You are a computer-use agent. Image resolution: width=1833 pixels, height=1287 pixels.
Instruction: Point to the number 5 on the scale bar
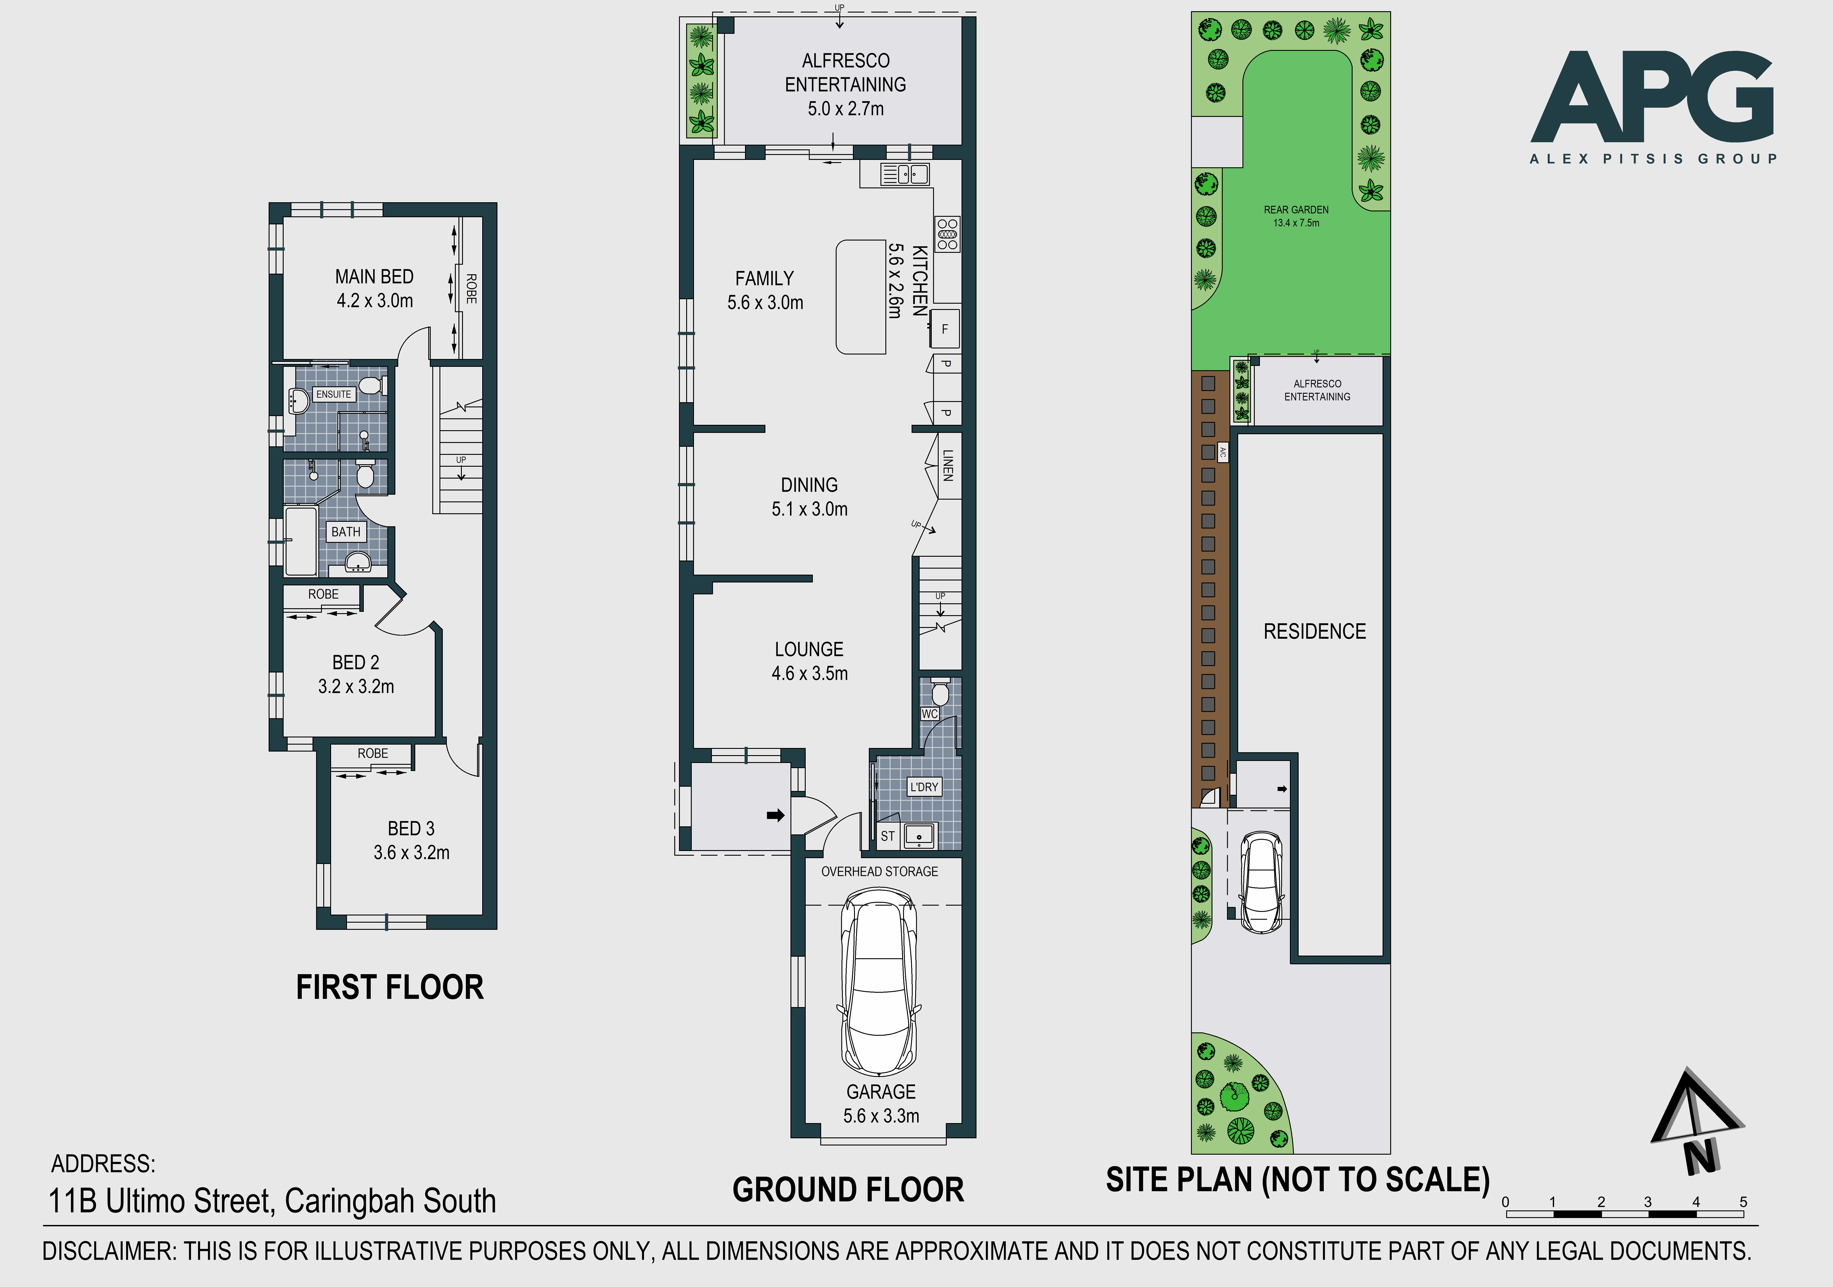1743,1202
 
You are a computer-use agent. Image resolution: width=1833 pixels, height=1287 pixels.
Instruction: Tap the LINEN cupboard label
948,465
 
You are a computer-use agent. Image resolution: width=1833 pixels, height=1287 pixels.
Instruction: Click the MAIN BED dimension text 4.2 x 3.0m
375,301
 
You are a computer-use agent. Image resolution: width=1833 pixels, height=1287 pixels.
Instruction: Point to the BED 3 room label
411,829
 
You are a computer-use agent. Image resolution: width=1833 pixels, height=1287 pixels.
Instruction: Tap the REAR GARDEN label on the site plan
1297,210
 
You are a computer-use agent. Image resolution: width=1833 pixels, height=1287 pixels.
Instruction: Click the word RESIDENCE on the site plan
1315,632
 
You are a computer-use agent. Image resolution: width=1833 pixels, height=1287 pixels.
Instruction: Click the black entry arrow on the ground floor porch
775,815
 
